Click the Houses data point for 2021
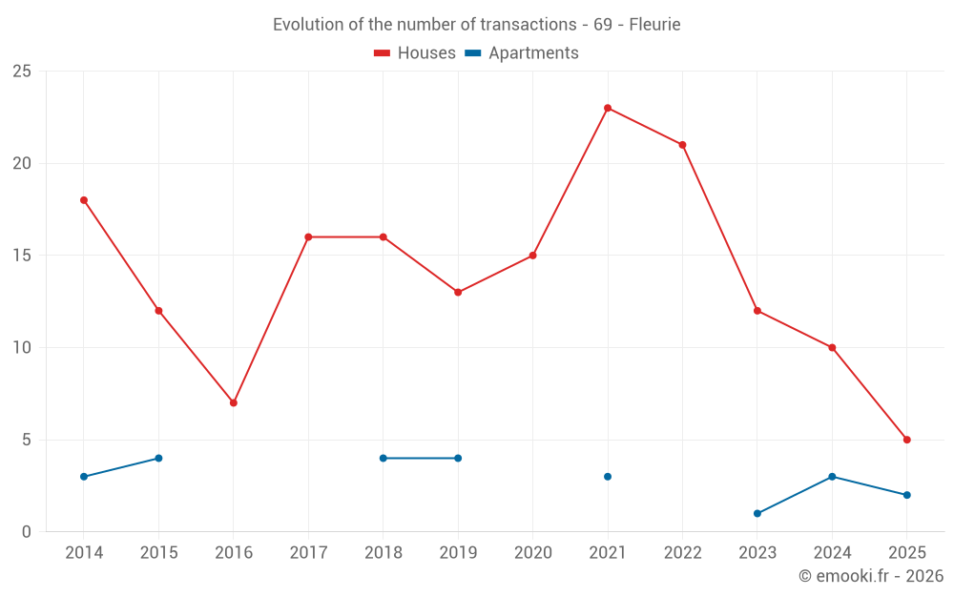(x=608, y=108)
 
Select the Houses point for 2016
(x=234, y=402)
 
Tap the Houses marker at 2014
(x=84, y=200)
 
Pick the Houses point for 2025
(x=907, y=440)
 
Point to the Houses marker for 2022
(x=682, y=145)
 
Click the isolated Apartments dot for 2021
(x=608, y=477)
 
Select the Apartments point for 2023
(x=757, y=513)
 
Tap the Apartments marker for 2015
(x=158, y=458)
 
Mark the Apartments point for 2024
(x=832, y=477)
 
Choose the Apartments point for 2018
(x=384, y=458)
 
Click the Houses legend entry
(x=415, y=53)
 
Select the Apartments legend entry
(x=522, y=53)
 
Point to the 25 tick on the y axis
(x=22, y=72)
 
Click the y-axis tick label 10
(x=22, y=347)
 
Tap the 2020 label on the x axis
(x=532, y=553)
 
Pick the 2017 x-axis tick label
(x=308, y=553)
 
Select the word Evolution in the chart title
(x=306, y=25)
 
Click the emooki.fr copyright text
(x=871, y=576)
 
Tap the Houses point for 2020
(x=532, y=256)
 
